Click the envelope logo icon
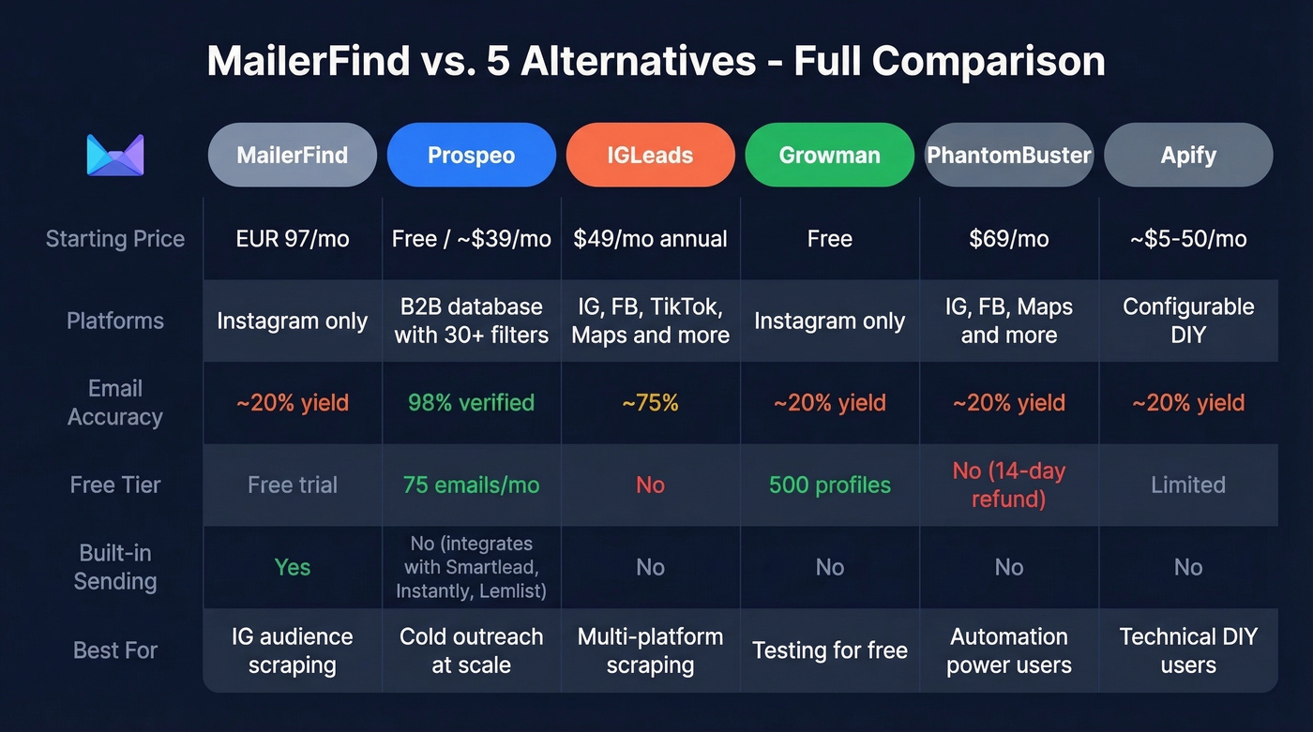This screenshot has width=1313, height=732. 114,155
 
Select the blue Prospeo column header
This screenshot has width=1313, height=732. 471,155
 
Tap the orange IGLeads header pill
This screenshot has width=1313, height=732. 650,155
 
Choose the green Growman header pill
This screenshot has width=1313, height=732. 829,155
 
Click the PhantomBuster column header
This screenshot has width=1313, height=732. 1008,155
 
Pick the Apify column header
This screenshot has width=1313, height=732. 1187,155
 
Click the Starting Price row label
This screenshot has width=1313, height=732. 114,239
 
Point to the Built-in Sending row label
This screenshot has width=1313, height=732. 114,567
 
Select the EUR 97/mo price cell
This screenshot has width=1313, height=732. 293,239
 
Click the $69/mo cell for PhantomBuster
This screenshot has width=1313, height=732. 1008,239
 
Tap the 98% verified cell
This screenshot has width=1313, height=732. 471,403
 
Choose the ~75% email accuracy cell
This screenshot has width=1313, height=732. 650,403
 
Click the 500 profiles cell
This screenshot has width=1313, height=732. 829,485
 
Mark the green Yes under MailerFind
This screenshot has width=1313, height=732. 293,567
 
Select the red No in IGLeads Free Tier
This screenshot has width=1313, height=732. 650,485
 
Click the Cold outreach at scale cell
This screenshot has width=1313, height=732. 471,650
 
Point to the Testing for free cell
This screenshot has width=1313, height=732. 829,650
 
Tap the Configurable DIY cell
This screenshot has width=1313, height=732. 1187,321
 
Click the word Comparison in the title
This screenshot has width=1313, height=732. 988,62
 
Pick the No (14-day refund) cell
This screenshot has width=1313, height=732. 1008,485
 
